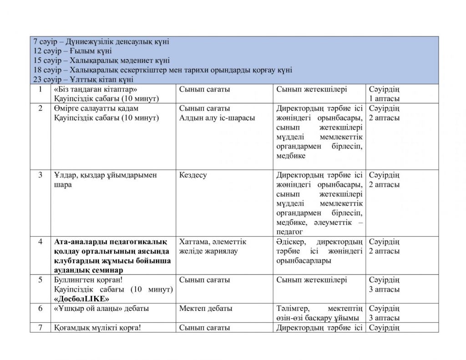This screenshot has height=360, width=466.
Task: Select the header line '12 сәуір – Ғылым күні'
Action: tap(72, 51)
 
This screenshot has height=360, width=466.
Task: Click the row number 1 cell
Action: tap(41, 89)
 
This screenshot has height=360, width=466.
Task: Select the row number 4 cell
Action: tap(41, 241)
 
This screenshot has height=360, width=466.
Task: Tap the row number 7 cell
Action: tap(41, 327)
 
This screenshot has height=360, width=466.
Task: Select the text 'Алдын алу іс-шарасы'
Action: tap(217, 118)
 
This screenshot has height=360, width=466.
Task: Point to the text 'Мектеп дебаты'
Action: tap(206, 309)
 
